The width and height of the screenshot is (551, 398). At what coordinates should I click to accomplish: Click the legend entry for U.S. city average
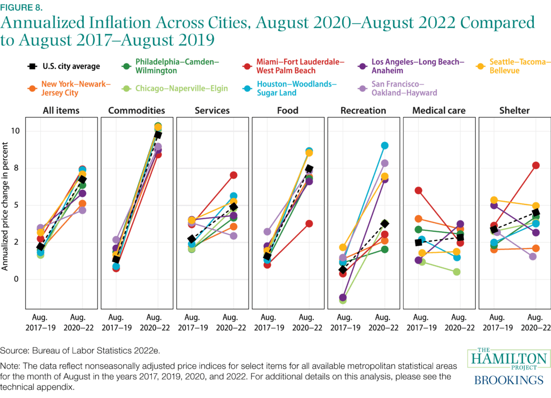click(x=64, y=67)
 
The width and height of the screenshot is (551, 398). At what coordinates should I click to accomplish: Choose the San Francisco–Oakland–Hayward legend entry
click(x=396, y=88)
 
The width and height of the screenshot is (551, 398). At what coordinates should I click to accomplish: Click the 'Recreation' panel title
click(x=363, y=111)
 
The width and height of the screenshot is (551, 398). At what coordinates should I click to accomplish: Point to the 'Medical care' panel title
click(x=439, y=111)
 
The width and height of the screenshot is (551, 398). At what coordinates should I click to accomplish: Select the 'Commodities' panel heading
click(x=137, y=111)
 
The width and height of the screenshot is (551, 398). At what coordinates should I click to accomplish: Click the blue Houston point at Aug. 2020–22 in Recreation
click(x=384, y=146)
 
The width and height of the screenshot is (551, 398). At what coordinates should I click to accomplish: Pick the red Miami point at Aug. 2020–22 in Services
click(x=233, y=175)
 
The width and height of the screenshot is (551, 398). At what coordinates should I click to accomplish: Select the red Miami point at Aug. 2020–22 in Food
click(x=309, y=224)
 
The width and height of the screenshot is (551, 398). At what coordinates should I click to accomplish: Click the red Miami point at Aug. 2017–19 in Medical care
click(x=419, y=190)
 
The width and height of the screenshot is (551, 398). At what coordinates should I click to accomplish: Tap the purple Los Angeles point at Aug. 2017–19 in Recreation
click(x=343, y=297)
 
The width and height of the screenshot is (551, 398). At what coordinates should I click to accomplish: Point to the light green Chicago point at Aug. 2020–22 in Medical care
click(x=456, y=272)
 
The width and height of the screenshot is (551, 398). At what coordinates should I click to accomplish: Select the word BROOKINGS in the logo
click(x=508, y=380)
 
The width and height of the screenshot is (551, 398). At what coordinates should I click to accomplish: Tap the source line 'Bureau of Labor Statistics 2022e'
click(x=81, y=351)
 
